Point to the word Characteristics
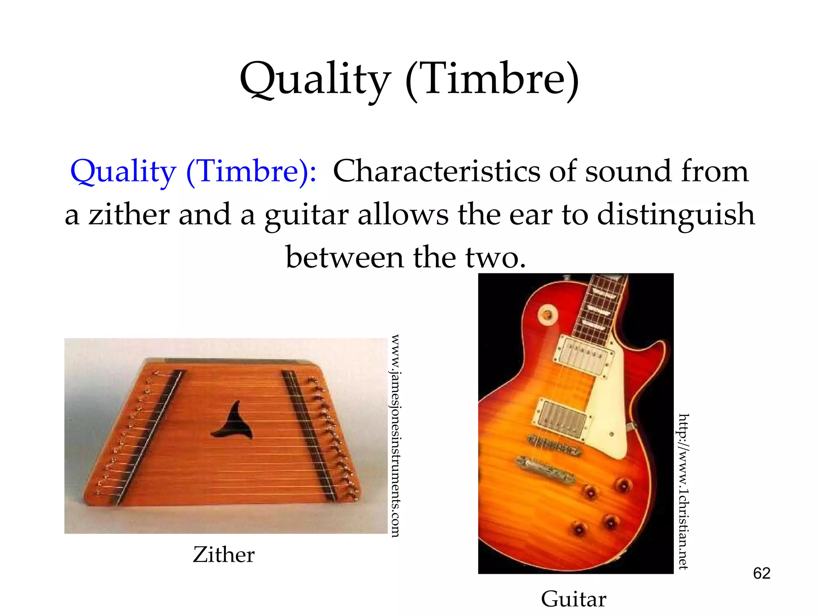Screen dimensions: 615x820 436,171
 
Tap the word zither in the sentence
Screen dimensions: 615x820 129,215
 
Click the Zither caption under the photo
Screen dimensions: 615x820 223,555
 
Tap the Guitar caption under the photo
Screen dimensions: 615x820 573,599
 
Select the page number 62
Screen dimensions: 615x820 761,573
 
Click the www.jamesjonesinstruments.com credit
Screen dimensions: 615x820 395,435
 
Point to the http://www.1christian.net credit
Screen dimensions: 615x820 683,491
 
